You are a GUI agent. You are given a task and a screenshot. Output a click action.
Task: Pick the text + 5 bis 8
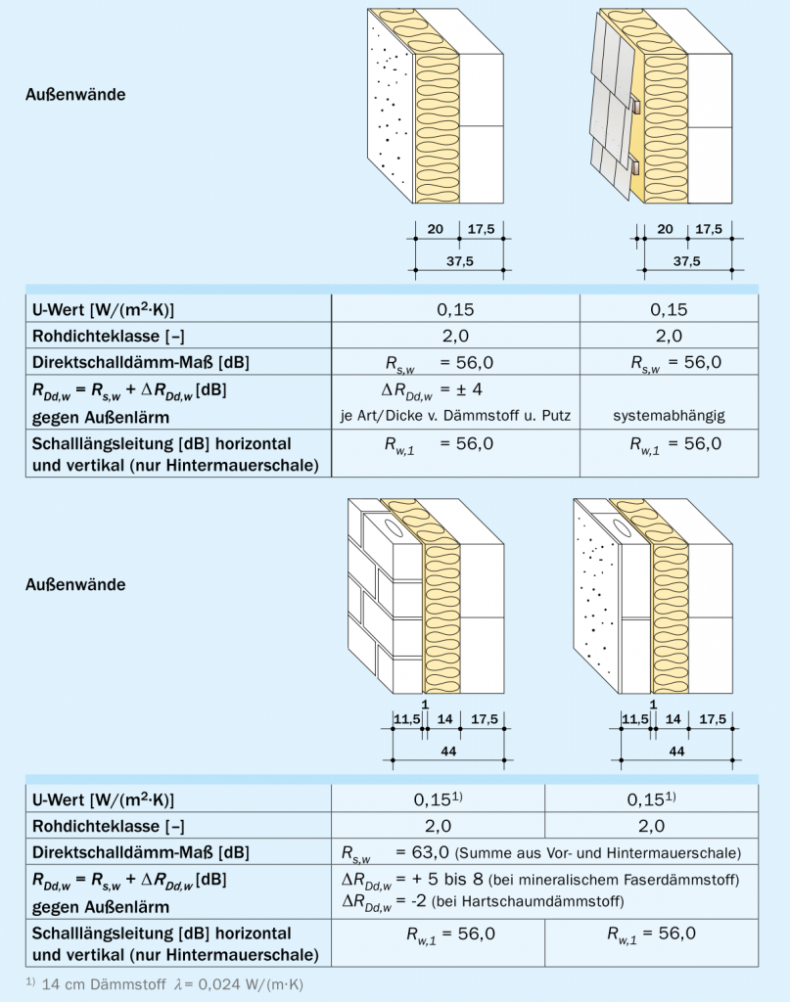pyautogui.click(x=451, y=879)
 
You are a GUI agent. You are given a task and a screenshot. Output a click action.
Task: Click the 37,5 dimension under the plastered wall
pyautogui.click(x=457, y=261)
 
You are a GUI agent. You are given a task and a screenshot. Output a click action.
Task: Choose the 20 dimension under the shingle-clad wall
pyautogui.click(x=664, y=229)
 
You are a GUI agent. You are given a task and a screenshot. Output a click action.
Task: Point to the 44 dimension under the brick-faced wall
pyautogui.click(x=445, y=751)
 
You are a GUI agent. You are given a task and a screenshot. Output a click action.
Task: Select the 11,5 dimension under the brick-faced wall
pyautogui.click(x=406, y=719)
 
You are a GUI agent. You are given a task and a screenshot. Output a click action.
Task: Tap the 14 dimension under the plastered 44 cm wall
pyautogui.click(x=672, y=719)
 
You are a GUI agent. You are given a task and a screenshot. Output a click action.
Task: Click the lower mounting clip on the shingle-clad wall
pyautogui.click(x=635, y=167)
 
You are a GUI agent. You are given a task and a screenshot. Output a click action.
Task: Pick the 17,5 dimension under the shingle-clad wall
pyautogui.click(x=709, y=229)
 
